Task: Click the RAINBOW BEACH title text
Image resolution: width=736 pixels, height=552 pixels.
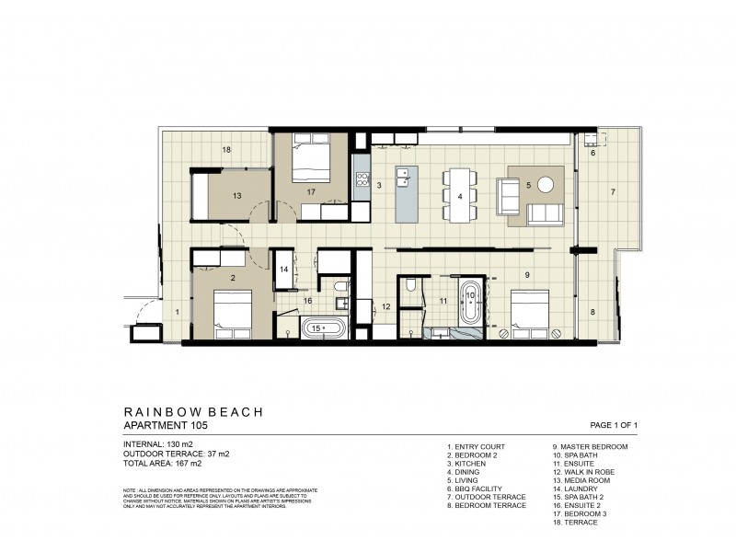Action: coord(192,412)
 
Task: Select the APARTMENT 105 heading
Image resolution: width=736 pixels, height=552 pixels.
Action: coord(166,426)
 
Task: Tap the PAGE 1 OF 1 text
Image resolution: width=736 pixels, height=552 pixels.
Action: coord(613,425)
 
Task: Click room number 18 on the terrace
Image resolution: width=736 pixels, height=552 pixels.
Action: coord(225,148)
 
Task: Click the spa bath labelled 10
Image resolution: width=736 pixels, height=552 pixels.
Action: coord(470,300)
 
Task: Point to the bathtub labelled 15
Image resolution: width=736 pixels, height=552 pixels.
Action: coord(324,327)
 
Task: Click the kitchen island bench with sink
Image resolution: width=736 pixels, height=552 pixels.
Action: coord(406,193)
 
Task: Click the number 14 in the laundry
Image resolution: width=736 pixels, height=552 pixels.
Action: coord(284,269)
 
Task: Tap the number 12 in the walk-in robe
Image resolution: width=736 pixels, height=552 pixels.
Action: coord(386,306)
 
